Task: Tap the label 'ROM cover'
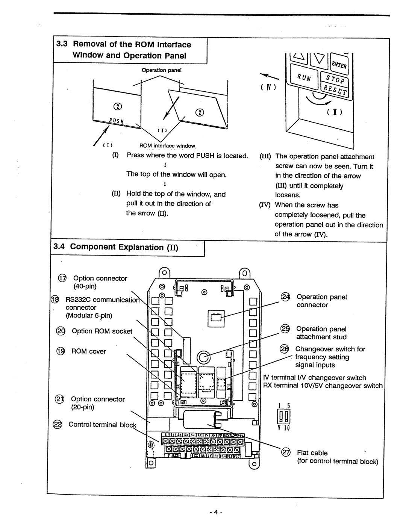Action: [x=89, y=351]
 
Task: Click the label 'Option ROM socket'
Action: [x=102, y=331]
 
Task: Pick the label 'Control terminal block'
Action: [x=102, y=424]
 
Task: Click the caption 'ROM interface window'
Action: [x=167, y=146]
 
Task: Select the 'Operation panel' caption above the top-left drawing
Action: [x=161, y=70]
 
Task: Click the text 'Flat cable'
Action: [x=312, y=453]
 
